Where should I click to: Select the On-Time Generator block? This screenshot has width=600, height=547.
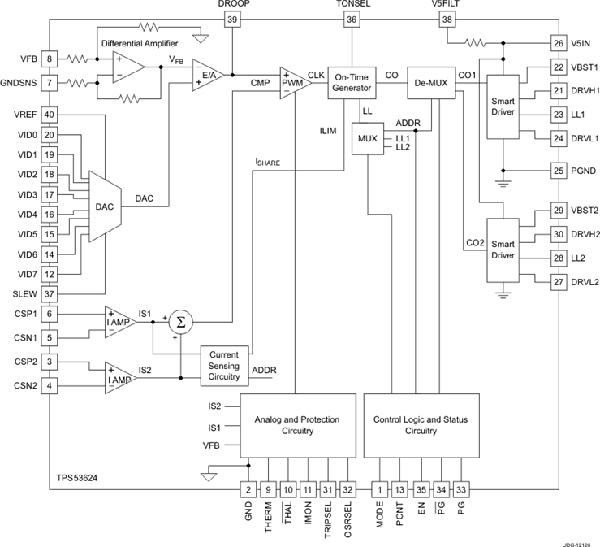coord(352,82)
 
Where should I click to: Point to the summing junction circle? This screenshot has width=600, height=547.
coord(181,322)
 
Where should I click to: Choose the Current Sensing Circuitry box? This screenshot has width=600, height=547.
coord(225,366)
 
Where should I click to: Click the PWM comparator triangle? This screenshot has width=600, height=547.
coord(295,82)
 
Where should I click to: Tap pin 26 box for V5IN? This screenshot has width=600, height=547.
coord(558,43)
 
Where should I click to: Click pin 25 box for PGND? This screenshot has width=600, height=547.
coord(558,171)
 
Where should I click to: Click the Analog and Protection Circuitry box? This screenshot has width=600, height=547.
coord(296,425)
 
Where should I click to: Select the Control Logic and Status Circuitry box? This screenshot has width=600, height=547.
coord(420,425)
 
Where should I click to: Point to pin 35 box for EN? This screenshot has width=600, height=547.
coord(420,489)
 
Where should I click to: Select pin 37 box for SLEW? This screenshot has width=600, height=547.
coord(50,293)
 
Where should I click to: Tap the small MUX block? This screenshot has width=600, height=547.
coord(368,138)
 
